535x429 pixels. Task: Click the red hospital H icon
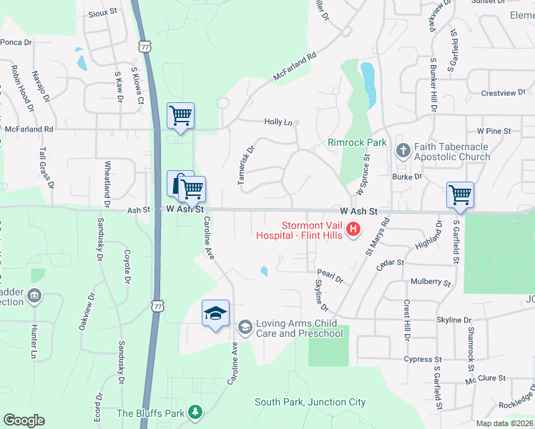click(353, 230)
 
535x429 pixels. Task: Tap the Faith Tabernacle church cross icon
click(403, 150)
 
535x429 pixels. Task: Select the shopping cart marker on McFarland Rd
click(180, 114)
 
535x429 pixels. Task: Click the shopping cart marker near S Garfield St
click(460, 194)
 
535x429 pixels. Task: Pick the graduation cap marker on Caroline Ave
click(215, 312)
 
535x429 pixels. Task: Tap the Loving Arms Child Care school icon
click(245, 327)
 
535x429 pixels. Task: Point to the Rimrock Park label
click(357, 142)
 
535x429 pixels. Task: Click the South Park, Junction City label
click(310, 403)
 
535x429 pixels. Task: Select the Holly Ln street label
click(278, 122)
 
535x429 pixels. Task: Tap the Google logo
click(24, 420)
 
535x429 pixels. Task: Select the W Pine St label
click(494, 132)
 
